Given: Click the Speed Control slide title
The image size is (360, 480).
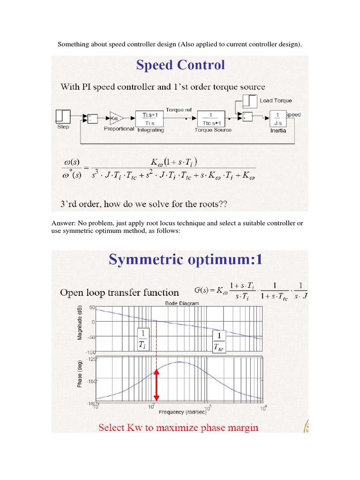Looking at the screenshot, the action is pos(180,65).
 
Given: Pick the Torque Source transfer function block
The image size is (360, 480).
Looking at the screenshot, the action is pos(213,118).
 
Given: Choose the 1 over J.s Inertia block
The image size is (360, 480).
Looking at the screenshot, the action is pos(277,117).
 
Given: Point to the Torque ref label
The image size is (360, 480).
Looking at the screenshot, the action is pos(179,110).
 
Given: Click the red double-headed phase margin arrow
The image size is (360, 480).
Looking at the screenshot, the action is pos(157,384).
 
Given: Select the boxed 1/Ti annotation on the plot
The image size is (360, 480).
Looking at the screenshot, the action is pos(142,338).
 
